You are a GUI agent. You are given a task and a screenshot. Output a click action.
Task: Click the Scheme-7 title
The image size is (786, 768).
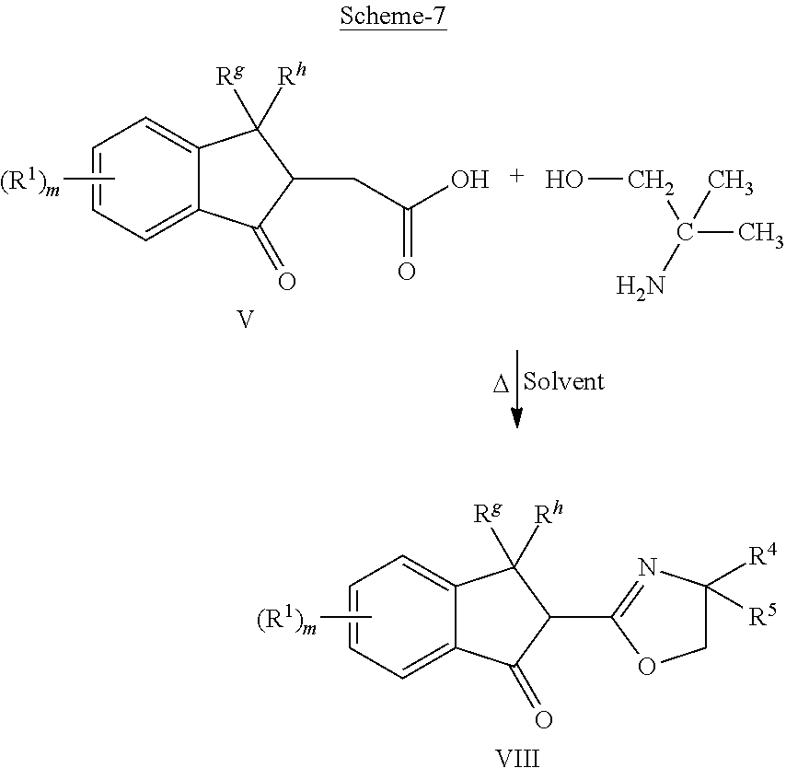tap(393, 16)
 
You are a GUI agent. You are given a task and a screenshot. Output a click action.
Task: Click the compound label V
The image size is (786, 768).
tap(245, 319)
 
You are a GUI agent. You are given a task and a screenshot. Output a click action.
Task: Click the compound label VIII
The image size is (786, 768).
tap(517, 758)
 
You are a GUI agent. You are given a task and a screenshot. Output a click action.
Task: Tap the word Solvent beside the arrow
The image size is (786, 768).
tap(564, 381)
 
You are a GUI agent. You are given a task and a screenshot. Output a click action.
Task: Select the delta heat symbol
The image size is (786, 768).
tap(501, 385)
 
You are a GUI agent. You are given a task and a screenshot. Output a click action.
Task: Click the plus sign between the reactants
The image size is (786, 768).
tap(516, 176)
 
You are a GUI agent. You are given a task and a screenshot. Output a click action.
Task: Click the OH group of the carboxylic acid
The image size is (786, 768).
tap(469, 180)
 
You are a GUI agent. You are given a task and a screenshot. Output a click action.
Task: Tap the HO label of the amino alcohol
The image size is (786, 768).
tap(564, 180)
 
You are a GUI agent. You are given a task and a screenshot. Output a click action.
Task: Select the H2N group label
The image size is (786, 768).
tap(641, 287)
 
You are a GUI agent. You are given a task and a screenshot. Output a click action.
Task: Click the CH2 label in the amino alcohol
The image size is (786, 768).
tap(651, 180)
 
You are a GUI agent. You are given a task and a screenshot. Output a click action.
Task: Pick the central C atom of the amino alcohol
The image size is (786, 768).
tap(685, 232)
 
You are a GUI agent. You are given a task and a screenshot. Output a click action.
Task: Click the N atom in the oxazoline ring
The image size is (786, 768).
tap(647, 568)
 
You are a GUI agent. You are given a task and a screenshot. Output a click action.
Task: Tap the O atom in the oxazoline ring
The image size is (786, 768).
tap(647, 667)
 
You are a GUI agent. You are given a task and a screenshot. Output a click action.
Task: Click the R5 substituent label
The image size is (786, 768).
tap(762, 615)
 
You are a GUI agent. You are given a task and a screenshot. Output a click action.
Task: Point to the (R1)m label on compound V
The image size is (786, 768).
tap(30, 182)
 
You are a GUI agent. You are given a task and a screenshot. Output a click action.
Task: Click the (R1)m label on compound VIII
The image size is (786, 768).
tap(287, 621)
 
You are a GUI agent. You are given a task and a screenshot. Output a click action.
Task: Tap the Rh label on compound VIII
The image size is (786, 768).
tap(549, 514)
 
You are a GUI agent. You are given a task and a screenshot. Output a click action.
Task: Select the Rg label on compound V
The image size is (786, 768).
tap(231, 76)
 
